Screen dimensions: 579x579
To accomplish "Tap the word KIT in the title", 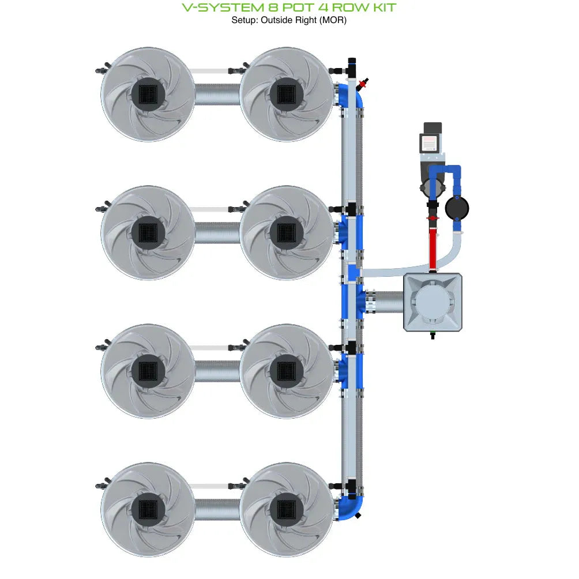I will tap(381, 8).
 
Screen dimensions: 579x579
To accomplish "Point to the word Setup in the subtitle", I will tap(243, 20).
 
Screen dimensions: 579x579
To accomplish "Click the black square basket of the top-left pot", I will tap(148, 93).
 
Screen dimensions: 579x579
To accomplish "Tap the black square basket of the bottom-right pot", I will tap(287, 509).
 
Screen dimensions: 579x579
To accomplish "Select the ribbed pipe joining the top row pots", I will tap(217, 94).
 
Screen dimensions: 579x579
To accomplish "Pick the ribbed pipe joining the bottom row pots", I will tap(217, 509).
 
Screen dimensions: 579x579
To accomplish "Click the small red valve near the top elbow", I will tap(363, 85).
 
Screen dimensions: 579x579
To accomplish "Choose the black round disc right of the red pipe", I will tap(457, 208).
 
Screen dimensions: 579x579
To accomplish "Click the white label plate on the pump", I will tap(429, 143).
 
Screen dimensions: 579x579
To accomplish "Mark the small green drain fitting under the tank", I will tap(433, 333).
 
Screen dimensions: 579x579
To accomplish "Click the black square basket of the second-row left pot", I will tap(148, 232).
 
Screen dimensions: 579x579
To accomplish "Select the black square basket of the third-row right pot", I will tap(287, 370).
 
